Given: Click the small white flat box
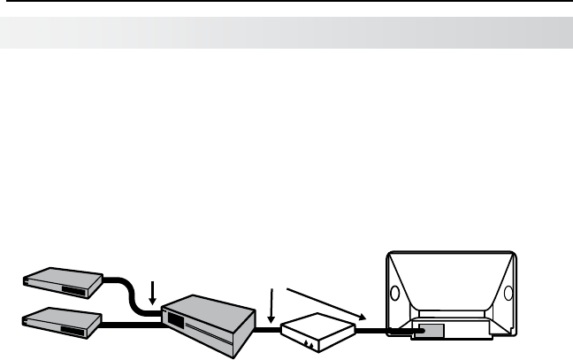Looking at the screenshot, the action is click(317, 331).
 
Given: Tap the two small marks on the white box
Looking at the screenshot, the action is click(306, 342).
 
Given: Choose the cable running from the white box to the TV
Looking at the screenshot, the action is click(380, 333).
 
